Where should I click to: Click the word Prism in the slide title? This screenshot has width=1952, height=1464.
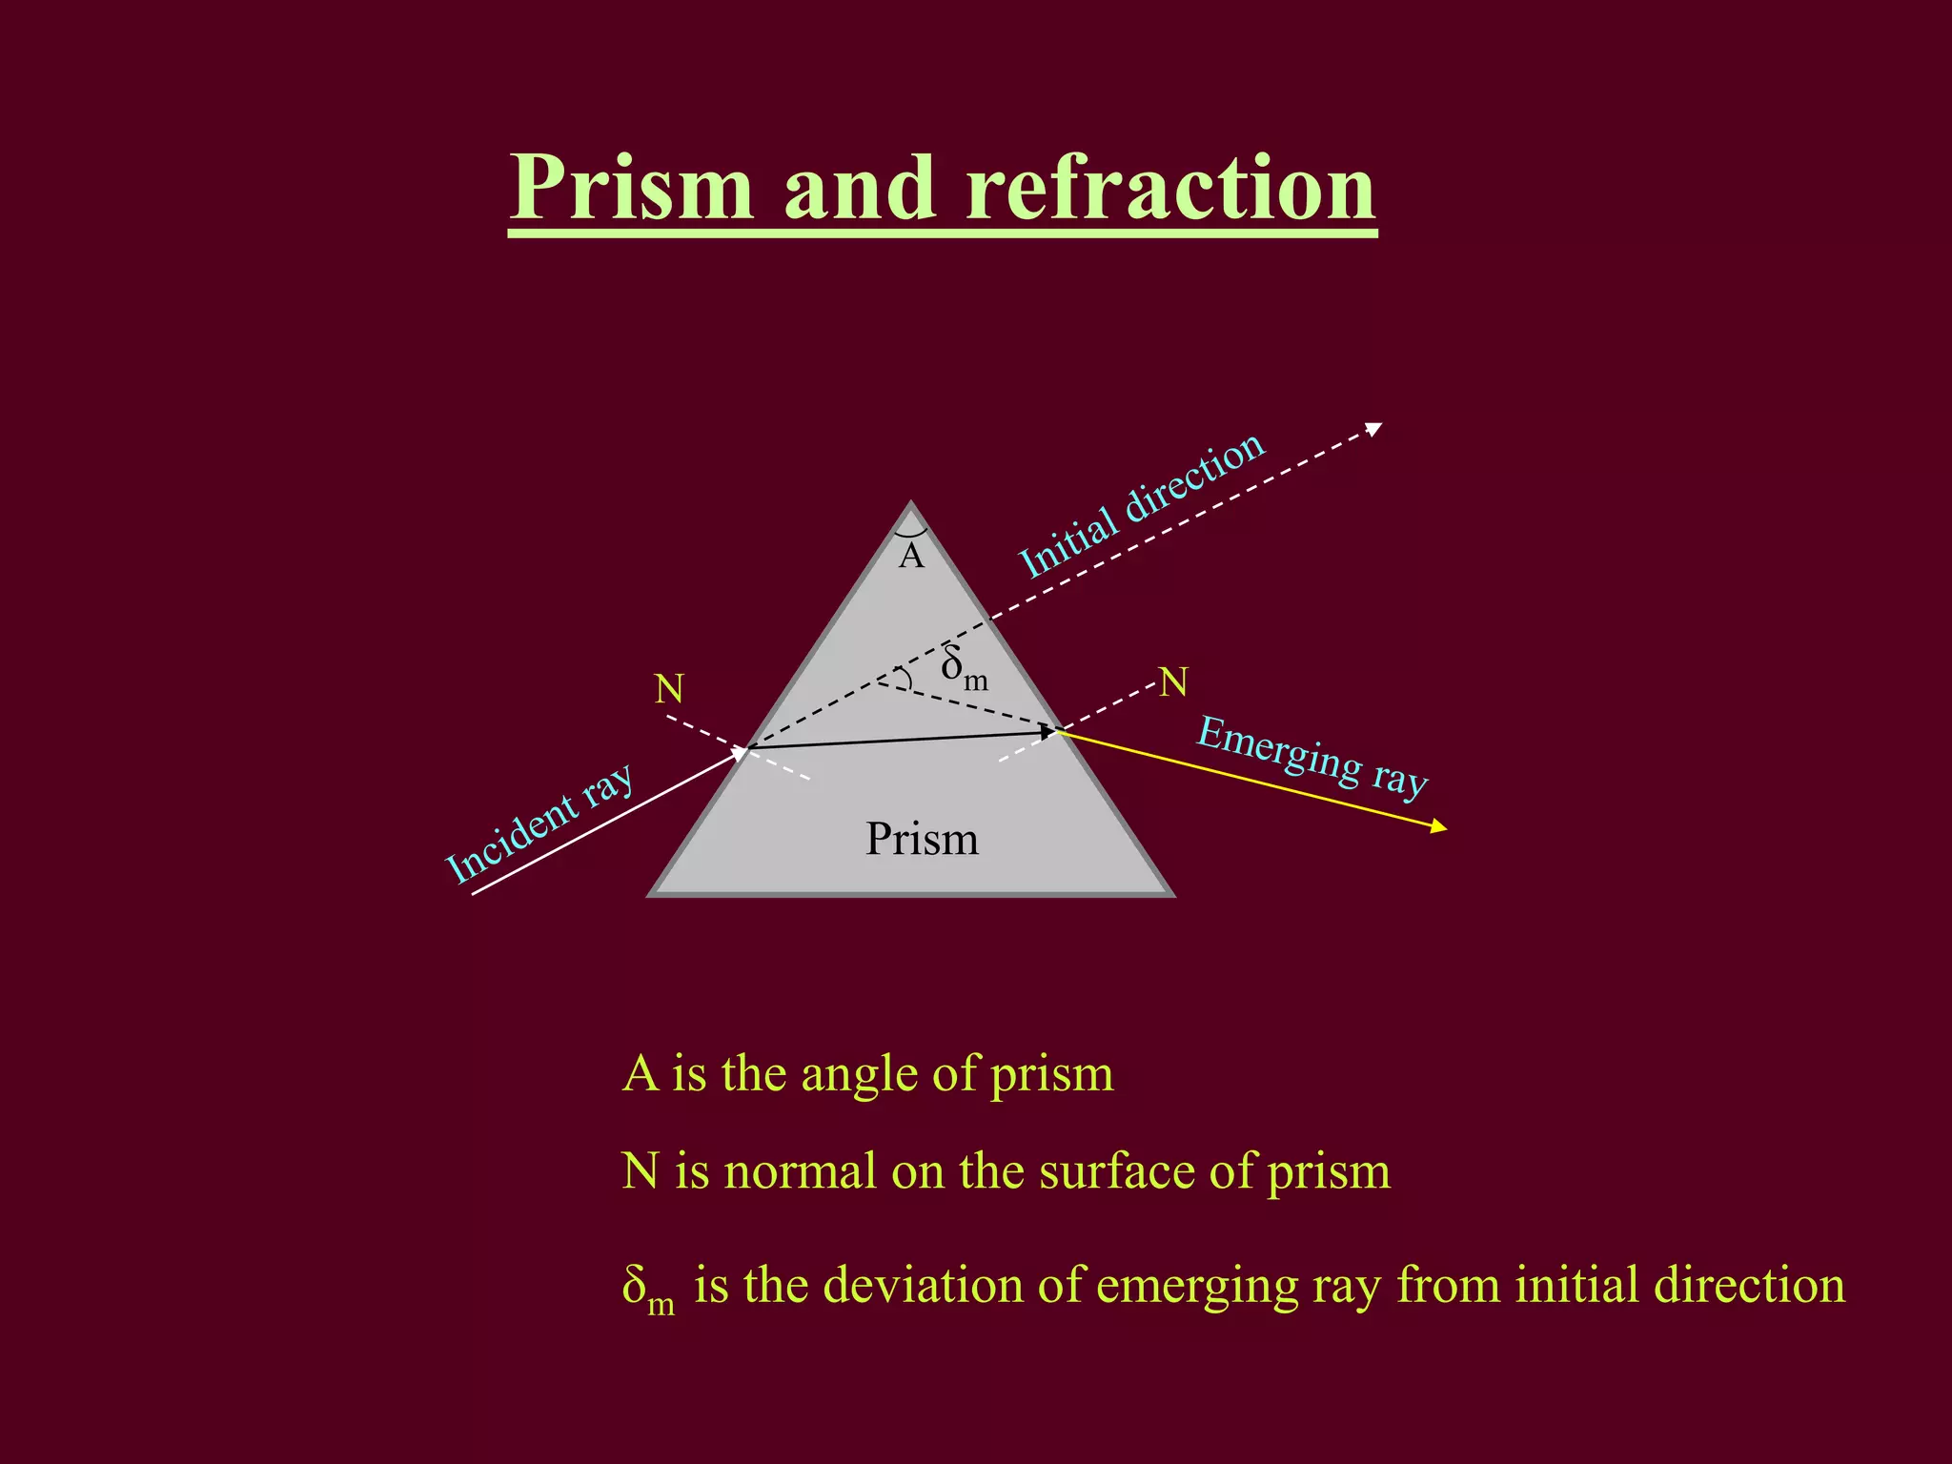tap(632, 189)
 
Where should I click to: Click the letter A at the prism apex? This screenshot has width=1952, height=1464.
tap(911, 556)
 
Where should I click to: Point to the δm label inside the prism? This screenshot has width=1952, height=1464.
tap(964, 667)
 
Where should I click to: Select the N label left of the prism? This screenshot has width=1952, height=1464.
tap(669, 688)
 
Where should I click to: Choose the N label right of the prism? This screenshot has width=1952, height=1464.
tap(1173, 682)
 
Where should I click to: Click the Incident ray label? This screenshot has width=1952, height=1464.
tap(539, 823)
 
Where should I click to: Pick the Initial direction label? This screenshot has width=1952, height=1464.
tap(1142, 504)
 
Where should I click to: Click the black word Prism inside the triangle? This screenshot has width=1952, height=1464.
tap(922, 840)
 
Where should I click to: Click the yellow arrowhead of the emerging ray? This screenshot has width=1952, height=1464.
tap(1439, 827)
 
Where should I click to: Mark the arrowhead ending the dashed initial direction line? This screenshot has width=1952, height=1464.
tap(1373, 429)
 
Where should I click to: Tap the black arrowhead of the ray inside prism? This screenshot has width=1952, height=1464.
tap(1047, 732)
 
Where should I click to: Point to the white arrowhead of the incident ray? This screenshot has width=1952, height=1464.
tap(739, 754)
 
